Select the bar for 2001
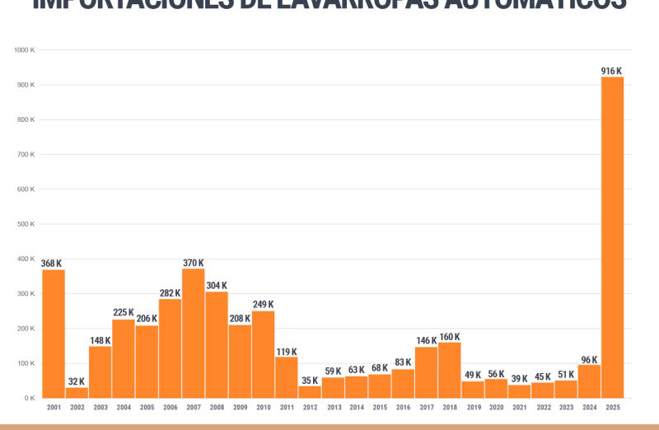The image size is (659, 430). (54, 334)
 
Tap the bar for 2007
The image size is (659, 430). (194, 333)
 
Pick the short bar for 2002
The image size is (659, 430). (77, 392)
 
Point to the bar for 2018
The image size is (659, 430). (450, 370)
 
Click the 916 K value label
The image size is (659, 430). (611, 71)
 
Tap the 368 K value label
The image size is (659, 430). (51, 264)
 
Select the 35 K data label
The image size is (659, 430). (310, 381)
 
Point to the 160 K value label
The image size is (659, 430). (450, 337)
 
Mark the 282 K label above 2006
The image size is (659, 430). (170, 293)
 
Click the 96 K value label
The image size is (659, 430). (589, 359)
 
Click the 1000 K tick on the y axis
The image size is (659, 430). (24, 50)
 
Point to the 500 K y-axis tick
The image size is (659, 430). (26, 224)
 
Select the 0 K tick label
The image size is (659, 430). (29, 398)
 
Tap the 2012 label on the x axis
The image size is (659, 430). (310, 407)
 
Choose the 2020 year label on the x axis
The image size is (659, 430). (497, 407)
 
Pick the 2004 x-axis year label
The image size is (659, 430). (124, 407)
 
